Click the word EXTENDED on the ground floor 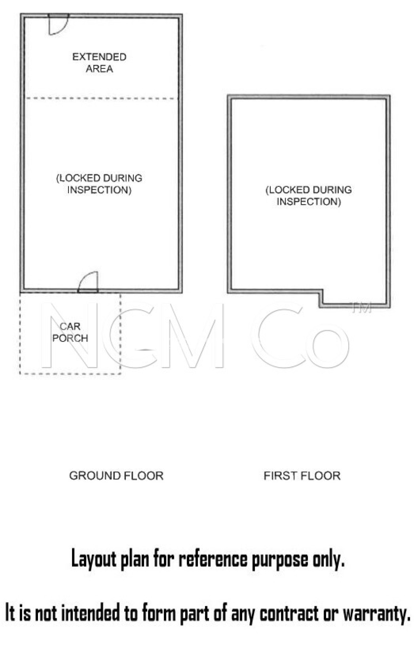pyautogui.click(x=99, y=57)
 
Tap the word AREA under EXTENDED pyautogui.click(x=99, y=69)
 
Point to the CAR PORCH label pyautogui.click(x=70, y=332)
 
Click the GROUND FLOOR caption pyautogui.click(x=116, y=475)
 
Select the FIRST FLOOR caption pyautogui.click(x=302, y=475)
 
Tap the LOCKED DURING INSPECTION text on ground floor pyautogui.click(x=99, y=184)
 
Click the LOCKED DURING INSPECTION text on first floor pyautogui.click(x=308, y=196)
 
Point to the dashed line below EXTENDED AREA pyautogui.click(x=102, y=98)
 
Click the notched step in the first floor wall pyautogui.click(x=321, y=298)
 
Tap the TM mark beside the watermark pyautogui.click(x=362, y=308)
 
